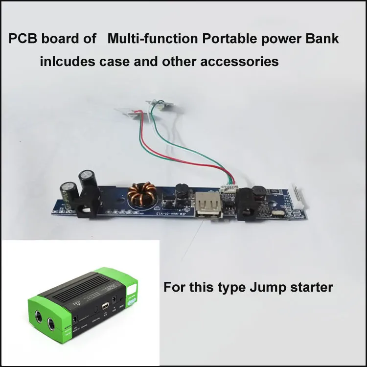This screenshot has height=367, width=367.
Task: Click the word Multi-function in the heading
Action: tap(150, 39)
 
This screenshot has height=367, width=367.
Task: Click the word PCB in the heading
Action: tap(22, 39)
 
